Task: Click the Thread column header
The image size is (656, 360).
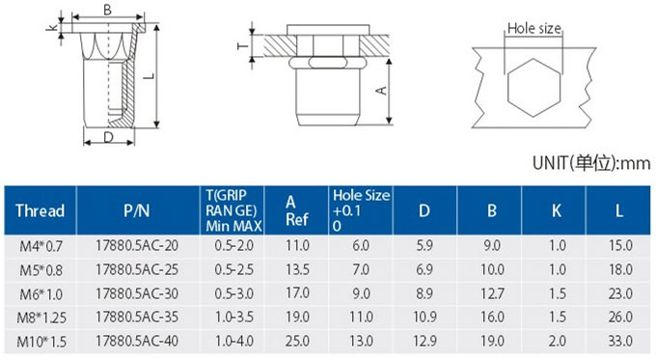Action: pyautogui.click(x=41, y=210)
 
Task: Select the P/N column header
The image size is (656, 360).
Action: pyautogui.click(x=136, y=210)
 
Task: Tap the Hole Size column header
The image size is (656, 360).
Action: pyautogui.click(x=361, y=210)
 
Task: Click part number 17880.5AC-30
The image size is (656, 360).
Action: pyautogui.click(x=137, y=293)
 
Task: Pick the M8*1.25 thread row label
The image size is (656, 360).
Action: pyautogui.click(x=41, y=318)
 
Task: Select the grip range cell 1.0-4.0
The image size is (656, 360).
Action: pyautogui.click(x=233, y=341)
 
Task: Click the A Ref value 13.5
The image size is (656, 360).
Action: pyautogui.click(x=297, y=269)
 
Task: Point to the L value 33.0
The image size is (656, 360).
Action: pyautogui.click(x=620, y=341)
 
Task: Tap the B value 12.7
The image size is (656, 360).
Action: pyautogui.click(x=492, y=293)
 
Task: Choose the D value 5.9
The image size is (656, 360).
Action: pyautogui.click(x=424, y=246)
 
